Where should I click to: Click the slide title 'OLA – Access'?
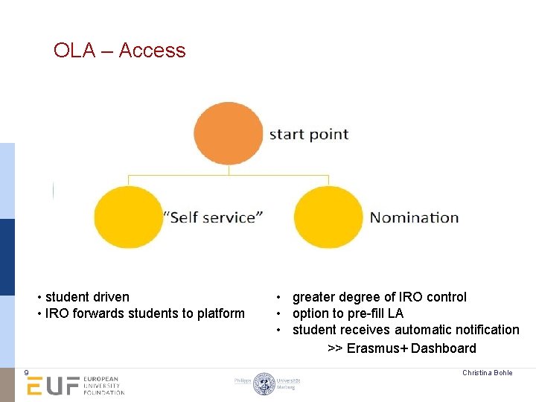pyautogui.click(x=119, y=51)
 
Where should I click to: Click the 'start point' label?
pyautogui.click(x=308, y=135)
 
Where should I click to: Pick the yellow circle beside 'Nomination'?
pyautogui.click(x=328, y=217)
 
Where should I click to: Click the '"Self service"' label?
pyautogui.click(x=213, y=217)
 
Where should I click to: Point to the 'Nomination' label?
pyautogui.click(x=414, y=217)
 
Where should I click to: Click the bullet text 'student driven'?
pyautogui.click(x=86, y=297)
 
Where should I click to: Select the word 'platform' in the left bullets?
pyautogui.click(x=220, y=313)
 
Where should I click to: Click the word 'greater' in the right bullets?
pyautogui.click(x=314, y=297)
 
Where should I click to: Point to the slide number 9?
pyautogui.click(x=26, y=373)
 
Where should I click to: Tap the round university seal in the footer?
pyautogui.click(x=264, y=383)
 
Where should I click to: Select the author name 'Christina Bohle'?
pyautogui.click(x=487, y=373)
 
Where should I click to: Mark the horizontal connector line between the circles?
pyautogui.click(x=228, y=176)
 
